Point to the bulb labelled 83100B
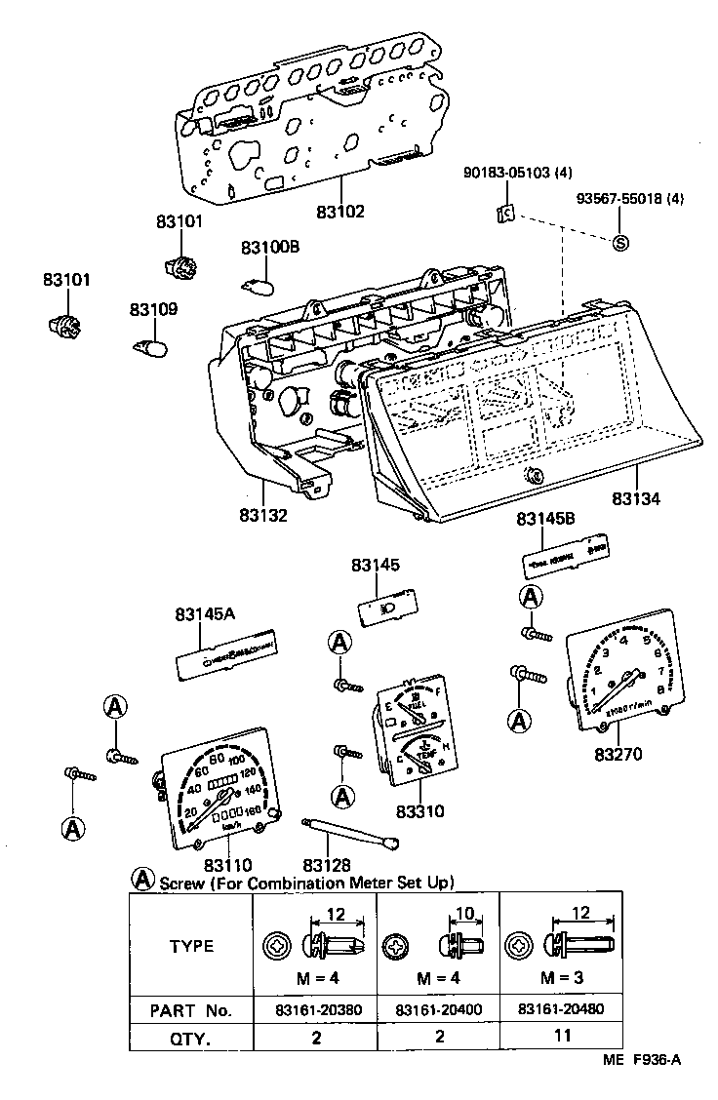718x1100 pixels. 257,285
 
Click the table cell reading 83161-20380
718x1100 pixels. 316,1009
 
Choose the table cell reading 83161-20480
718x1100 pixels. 562,1009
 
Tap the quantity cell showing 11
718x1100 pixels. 562,1036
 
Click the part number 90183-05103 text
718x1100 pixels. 518,174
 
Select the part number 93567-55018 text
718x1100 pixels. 629,199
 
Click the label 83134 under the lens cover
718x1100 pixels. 635,499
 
